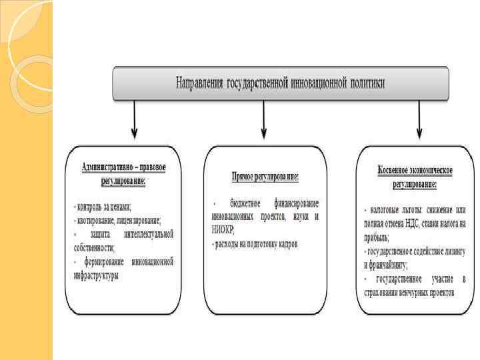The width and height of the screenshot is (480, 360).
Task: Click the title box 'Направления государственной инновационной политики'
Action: pyautogui.click(x=280, y=84)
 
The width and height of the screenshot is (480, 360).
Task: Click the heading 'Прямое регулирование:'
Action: pyautogui.click(x=265, y=178)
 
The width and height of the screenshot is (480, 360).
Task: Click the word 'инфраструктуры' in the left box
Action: pyautogui.click(x=97, y=274)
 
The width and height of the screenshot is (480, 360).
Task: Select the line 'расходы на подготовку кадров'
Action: pyautogui.click(x=256, y=244)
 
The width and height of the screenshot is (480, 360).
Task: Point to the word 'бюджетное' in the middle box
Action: pyautogui.click(x=250, y=203)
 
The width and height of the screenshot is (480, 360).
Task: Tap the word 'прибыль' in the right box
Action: pyautogui.click(x=377, y=237)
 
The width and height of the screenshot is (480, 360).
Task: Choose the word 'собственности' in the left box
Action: pyautogui.click(x=94, y=247)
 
